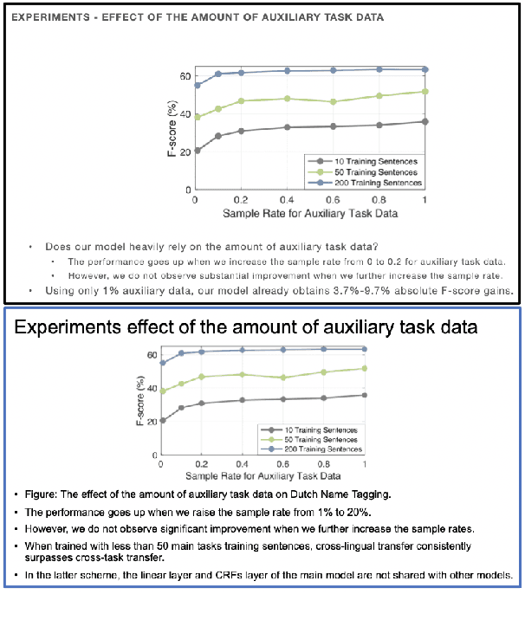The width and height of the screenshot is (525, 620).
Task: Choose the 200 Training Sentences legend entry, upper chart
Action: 379,183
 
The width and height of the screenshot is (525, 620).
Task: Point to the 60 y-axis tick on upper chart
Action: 184,76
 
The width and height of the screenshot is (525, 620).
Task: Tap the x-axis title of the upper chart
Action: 308,212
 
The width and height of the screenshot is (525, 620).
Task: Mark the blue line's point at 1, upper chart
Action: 425,69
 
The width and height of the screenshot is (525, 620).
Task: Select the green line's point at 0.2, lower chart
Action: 202,377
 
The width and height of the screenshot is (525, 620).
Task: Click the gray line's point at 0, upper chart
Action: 198,150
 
